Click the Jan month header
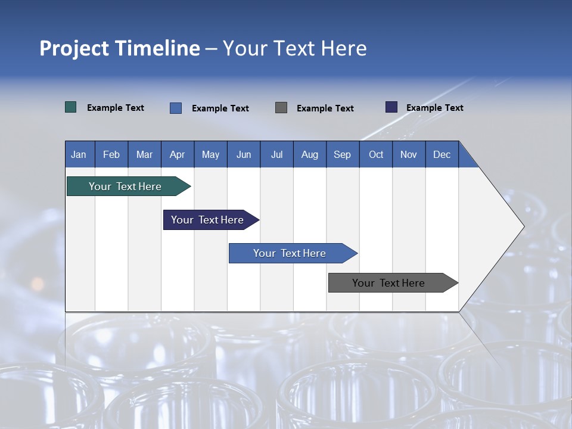tap(79, 154)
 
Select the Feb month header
tap(111, 154)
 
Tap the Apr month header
tap(177, 154)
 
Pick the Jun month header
tap(244, 154)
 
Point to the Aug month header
tap(309, 154)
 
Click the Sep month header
tap(342, 154)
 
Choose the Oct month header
tap(376, 154)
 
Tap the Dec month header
tap(442, 154)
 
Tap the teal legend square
tap(71, 107)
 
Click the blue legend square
tap(176, 108)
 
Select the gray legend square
tap(281, 108)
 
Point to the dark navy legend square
tap(391, 107)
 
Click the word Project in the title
tap(74, 48)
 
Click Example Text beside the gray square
tap(325, 108)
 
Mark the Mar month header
tap(144, 154)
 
